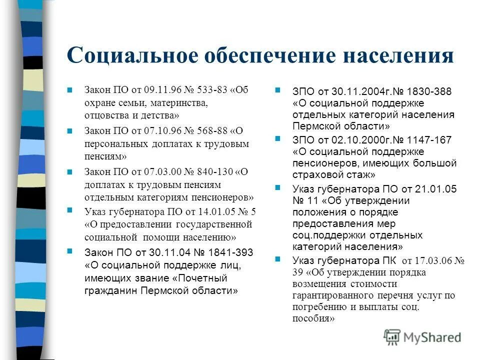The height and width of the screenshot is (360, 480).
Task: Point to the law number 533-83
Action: (x=212, y=90)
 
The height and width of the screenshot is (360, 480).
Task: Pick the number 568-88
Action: (x=212, y=131)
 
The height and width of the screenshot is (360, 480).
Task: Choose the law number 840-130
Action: (x=215, y=172)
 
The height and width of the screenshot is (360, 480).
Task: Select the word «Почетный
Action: (x=200, y=277)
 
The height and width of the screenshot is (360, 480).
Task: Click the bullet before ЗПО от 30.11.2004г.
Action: (x=278, y=91)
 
